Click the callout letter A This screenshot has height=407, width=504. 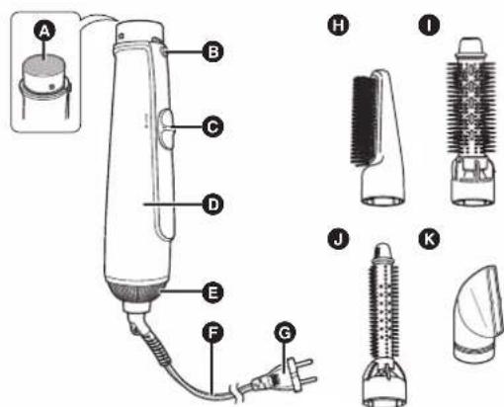pyautogui.click(x=44, y=31)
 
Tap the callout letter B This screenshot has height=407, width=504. pyautogui.click(x=212, y=51)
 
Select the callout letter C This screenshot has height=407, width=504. pyautogui.click(x=212, y=126)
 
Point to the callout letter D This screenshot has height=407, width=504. pyautogui.click(x=212, y=204)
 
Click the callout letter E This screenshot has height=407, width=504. pyautogui.click(x=212, y=292)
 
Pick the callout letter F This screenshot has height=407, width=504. pyautogui.click(x=212, y=333)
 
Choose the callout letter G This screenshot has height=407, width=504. pyautogui.click(x=285, y=333)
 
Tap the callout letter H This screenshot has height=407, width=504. pyautogui.click(x=338, y=25)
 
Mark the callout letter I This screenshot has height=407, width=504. pyautogui.click(x=429, y=25)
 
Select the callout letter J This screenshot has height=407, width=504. pyautogui.click(x=338, y=239)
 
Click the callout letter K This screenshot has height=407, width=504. pyautogui.click(x=429, y=239)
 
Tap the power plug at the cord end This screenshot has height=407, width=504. pyautogui.click(x=284, y=375)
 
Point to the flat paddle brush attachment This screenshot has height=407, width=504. pyautogui.click(x=378, y=137)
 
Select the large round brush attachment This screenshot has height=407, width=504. pyautogui.click(x=471, y=122)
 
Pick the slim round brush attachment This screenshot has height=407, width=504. pyautogui.click(x=384, y=324)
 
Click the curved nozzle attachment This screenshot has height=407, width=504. pyautogui.click(x=478, y=314)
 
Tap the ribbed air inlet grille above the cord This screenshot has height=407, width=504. pyautogui.click(x=136, y=291)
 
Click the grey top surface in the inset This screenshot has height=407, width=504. pyautogui.click(x=43, y=64)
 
